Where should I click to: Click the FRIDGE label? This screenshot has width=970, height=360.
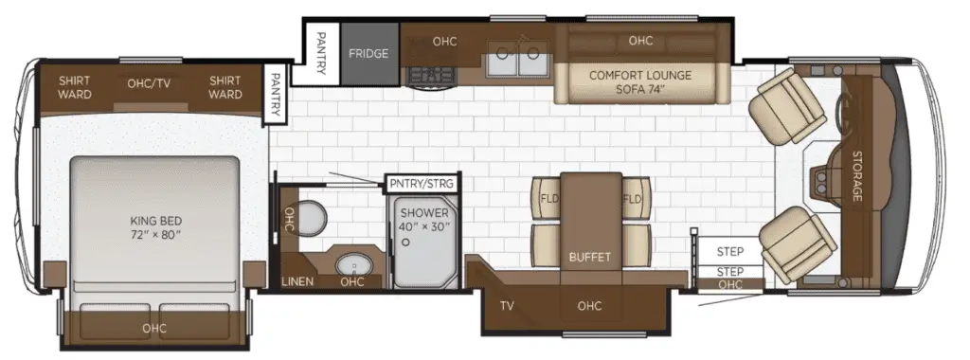tap(368, 53)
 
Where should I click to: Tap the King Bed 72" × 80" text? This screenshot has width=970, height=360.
tap(156, 227)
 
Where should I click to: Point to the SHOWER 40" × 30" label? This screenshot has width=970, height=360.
tap(423, 220)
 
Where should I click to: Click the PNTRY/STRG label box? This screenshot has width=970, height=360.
tap(422, 183)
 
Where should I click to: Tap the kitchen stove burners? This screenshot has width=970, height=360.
tap(431, 76)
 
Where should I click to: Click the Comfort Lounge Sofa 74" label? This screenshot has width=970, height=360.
tap(640, 82)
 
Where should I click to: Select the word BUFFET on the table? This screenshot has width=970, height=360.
tap(590, 257)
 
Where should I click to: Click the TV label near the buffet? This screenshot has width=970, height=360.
tap(508, 305)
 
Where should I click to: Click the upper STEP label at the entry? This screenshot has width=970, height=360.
tap(730, 252)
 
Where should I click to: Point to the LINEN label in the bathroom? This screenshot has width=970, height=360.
tap(297, 281)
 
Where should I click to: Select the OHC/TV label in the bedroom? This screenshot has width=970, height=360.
tap(149, 84)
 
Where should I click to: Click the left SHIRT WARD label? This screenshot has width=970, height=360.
tap(75, 87)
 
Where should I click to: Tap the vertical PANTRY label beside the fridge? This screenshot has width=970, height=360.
tap(320, 53)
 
